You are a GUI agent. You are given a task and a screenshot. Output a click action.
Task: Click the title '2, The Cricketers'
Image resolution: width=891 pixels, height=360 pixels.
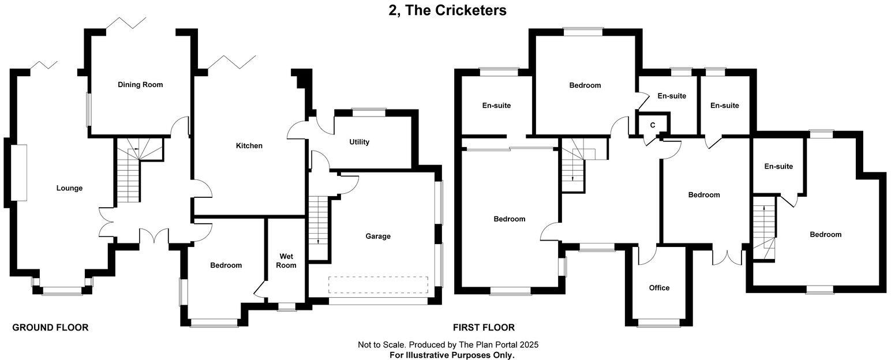447,10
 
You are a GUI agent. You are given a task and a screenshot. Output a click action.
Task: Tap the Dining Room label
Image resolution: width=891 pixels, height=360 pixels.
140,85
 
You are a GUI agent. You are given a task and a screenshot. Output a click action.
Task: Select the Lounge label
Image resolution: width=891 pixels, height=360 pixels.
69,188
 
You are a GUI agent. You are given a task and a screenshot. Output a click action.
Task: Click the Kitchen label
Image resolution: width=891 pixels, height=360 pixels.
249,146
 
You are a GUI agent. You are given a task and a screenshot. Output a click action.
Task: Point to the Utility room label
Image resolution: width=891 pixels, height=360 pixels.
359,142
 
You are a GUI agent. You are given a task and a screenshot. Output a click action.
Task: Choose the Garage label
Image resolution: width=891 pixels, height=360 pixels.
378,236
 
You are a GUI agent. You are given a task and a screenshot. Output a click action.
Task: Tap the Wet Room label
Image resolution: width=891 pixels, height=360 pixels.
286,261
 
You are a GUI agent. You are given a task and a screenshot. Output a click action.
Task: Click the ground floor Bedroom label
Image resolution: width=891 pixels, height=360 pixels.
226,265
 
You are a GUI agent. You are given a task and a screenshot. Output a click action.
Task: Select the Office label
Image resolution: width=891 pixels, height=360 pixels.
659,288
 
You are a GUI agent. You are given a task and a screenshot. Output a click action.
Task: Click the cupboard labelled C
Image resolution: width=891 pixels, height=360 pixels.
653,125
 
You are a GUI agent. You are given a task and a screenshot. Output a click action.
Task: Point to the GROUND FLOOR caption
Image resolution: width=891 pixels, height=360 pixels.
50,328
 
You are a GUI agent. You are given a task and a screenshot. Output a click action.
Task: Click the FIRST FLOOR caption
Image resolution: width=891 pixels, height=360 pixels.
484,328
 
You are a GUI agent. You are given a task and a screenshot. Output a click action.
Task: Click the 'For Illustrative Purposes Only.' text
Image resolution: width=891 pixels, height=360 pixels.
452,355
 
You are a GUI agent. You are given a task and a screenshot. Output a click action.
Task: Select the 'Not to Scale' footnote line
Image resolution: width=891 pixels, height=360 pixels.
448,345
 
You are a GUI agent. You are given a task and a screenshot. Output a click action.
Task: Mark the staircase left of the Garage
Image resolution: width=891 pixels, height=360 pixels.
317,228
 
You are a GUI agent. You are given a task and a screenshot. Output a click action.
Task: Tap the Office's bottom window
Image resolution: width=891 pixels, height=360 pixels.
658,324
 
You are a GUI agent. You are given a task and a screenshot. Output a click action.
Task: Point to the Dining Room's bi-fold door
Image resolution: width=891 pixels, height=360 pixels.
126,22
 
